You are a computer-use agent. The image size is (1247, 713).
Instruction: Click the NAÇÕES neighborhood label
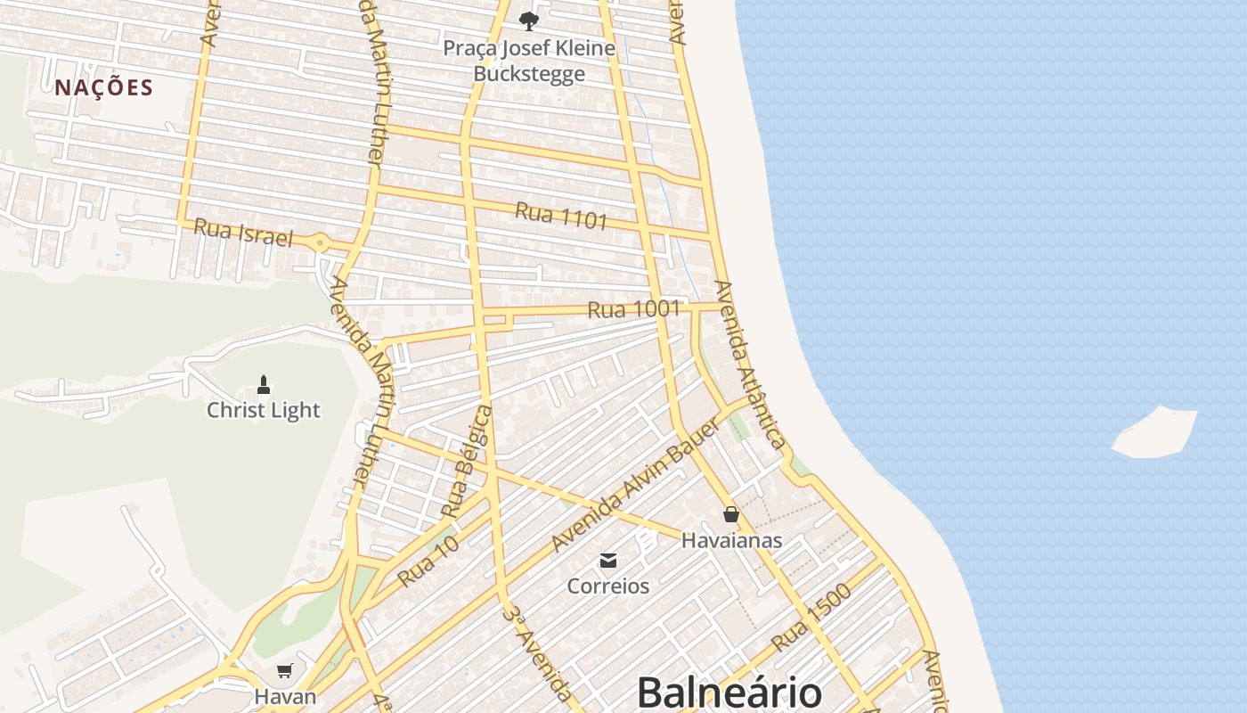104,87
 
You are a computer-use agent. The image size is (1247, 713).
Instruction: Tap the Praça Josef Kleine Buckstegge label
529,60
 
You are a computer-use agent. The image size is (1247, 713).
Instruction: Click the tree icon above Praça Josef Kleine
529,20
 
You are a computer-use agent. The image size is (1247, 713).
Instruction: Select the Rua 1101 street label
561,216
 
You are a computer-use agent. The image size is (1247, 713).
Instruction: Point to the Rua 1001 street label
633,310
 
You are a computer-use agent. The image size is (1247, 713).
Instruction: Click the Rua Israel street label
243,233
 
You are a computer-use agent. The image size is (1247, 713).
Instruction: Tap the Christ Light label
263,410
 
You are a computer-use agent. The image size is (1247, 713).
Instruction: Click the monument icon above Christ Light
263,385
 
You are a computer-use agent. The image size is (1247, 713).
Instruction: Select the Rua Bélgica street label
468,462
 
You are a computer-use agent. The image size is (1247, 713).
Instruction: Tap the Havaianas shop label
731,540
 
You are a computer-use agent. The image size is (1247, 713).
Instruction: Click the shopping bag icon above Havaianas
731,514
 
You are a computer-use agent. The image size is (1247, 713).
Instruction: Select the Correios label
608,586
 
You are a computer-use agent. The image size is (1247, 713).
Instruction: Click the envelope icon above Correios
608,561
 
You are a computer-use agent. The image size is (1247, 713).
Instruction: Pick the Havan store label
285,696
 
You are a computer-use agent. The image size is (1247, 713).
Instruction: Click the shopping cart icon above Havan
285,670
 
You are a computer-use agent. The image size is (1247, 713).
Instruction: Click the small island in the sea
1155,433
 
